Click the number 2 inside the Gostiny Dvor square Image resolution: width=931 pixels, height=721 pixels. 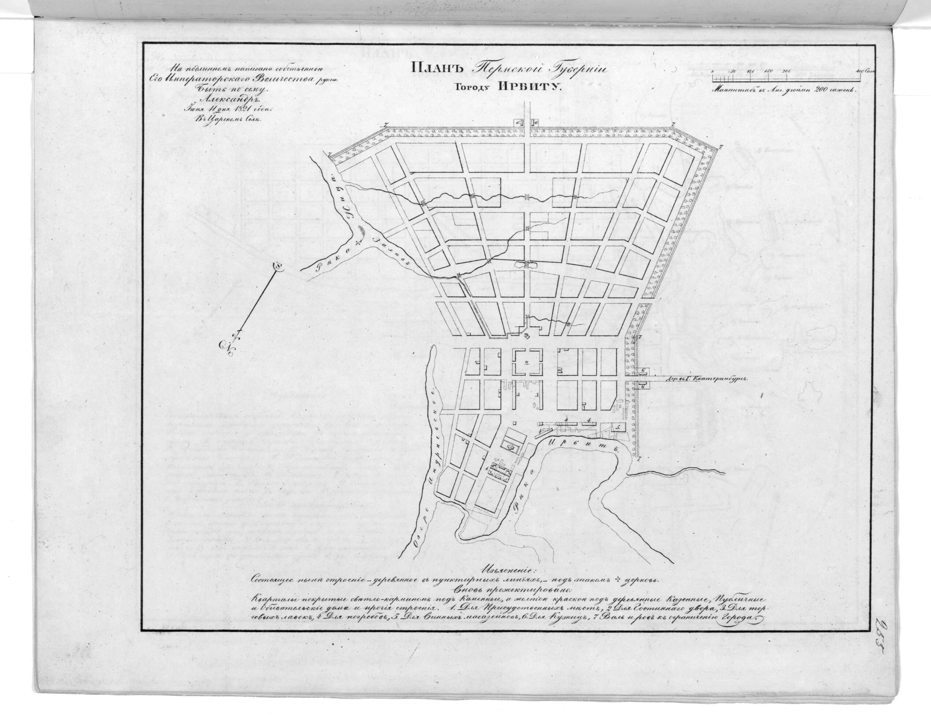[x=527, y=363]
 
